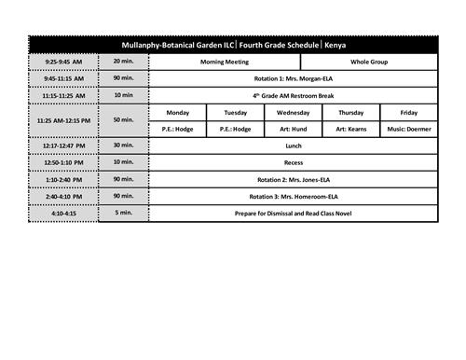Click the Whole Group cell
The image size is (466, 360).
pyautogui.click(x=365, y=62)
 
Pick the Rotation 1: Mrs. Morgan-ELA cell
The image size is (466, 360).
pyautogui.click(x=292, y=78)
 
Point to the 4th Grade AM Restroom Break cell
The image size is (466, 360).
pyautogui.click(x=292, y=95)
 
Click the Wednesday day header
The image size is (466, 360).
pyautogui.click(x=293, y=112)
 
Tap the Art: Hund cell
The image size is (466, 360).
pyautogui.click(x=293, y=129)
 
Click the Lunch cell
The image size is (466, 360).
pyautogui.click(x=292, y=145)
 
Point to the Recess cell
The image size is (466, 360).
pyautogui.click(x=292, y=162)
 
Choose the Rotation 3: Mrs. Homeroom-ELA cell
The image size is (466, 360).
pyautogui.click(x=292, y=196)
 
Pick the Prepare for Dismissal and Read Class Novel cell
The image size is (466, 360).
pyautogui.click(x=292, y=213)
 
